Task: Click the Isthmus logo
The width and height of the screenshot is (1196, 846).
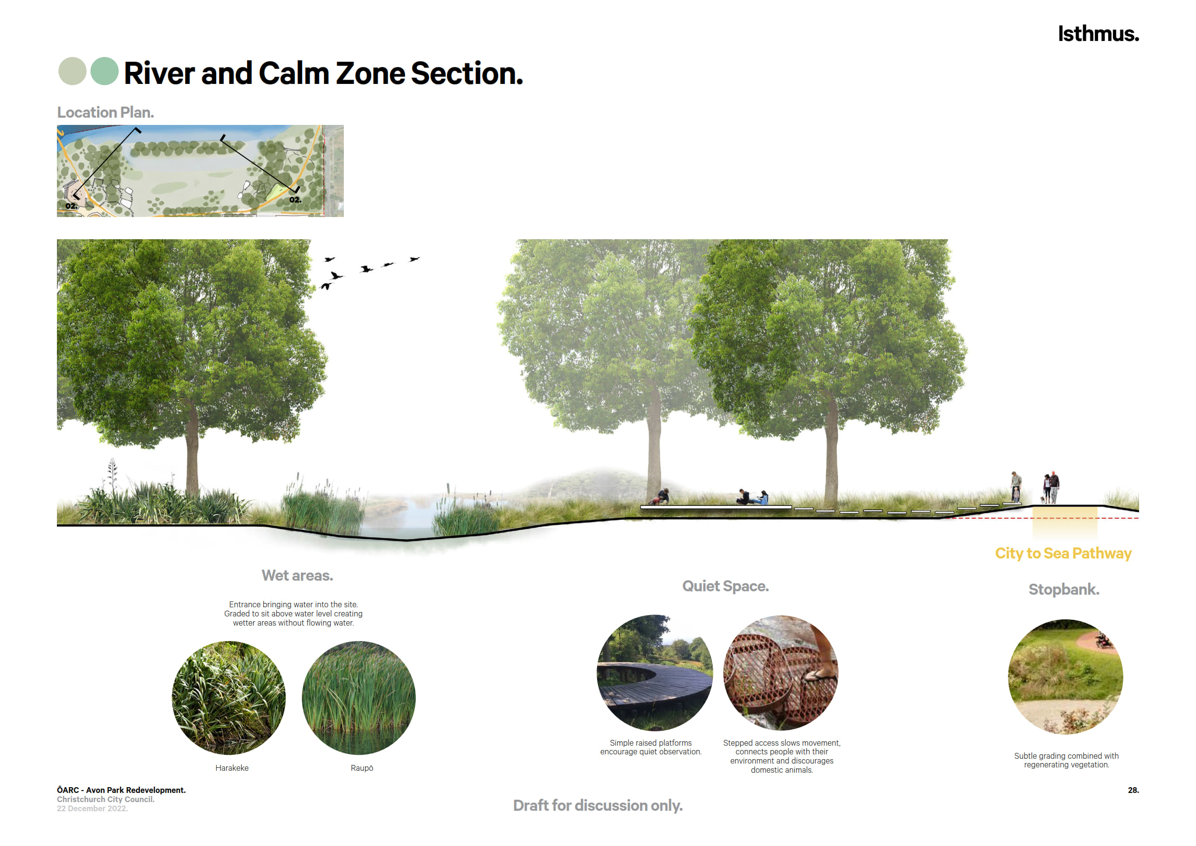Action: tap(1098, 34)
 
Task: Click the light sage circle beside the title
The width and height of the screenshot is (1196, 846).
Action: tap(72, 71)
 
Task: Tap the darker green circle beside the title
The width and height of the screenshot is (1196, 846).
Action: tap(105, 71)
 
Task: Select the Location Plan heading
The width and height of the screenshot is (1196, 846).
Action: tap(105, 112)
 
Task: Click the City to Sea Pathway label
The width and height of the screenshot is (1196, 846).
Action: tap(1063, 553)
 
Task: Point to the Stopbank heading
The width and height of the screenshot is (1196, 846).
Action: tap(1064, 589)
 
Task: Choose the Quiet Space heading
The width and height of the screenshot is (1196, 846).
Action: tap(726, 586)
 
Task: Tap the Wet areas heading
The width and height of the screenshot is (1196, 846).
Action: tap(297, 575)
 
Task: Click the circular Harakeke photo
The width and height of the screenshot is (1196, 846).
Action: tap(229, 698)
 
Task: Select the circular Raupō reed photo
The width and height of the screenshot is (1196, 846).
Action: tap(359, 698)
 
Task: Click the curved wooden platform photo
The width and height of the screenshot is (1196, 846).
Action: tap(655, 673)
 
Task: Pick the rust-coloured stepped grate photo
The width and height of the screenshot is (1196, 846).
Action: tap(781, 673)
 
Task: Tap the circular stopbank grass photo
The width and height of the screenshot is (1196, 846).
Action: tap(1066, 677)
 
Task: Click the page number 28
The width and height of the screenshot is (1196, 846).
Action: tap(1133, 790)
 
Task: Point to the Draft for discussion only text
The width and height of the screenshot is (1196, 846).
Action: tap(598, 805)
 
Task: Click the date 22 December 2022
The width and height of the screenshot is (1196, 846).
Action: tap(92, 808)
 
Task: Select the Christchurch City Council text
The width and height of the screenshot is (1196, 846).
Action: tap(106, 799)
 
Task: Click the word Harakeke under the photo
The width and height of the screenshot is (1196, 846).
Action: tap(232, 768)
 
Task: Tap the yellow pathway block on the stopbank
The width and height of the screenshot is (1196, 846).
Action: tap(1065, 522)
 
